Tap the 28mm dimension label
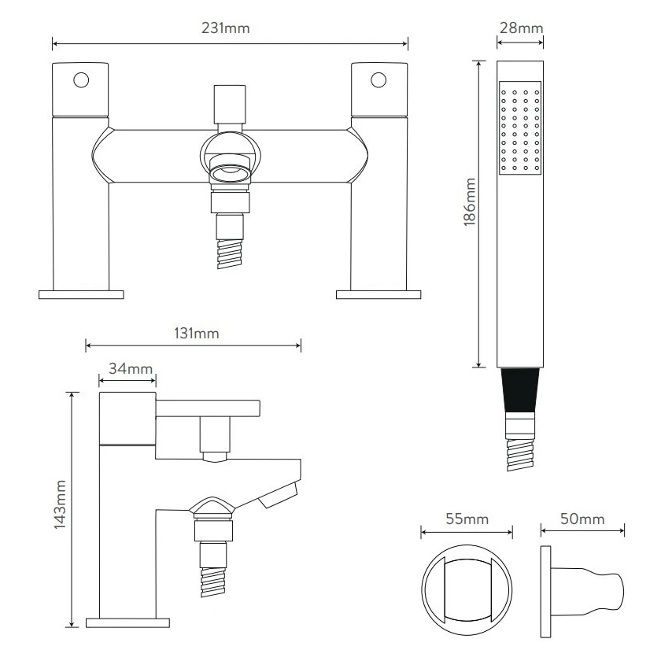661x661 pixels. tap(520, 29)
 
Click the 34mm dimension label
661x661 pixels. tap(126, 368)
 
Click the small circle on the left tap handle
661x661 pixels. tap(80, 79)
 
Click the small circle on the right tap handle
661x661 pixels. tap(379, 79)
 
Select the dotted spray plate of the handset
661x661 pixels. tap(520, 127)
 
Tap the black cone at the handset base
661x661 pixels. tap(520, 391)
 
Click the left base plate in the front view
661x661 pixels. tap(81, 294)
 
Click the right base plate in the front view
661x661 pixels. tap(379, 294)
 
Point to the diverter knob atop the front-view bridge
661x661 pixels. tap(229, 102)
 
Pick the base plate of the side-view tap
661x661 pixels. tap(127, 622)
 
